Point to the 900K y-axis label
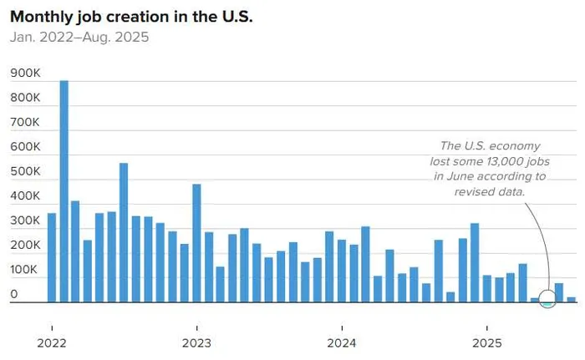25,74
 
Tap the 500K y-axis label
25,171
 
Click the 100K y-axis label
25,270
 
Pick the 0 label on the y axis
14,294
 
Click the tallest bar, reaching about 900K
64,192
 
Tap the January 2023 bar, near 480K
196,243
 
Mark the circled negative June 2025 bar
547,304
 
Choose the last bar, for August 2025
572,299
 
